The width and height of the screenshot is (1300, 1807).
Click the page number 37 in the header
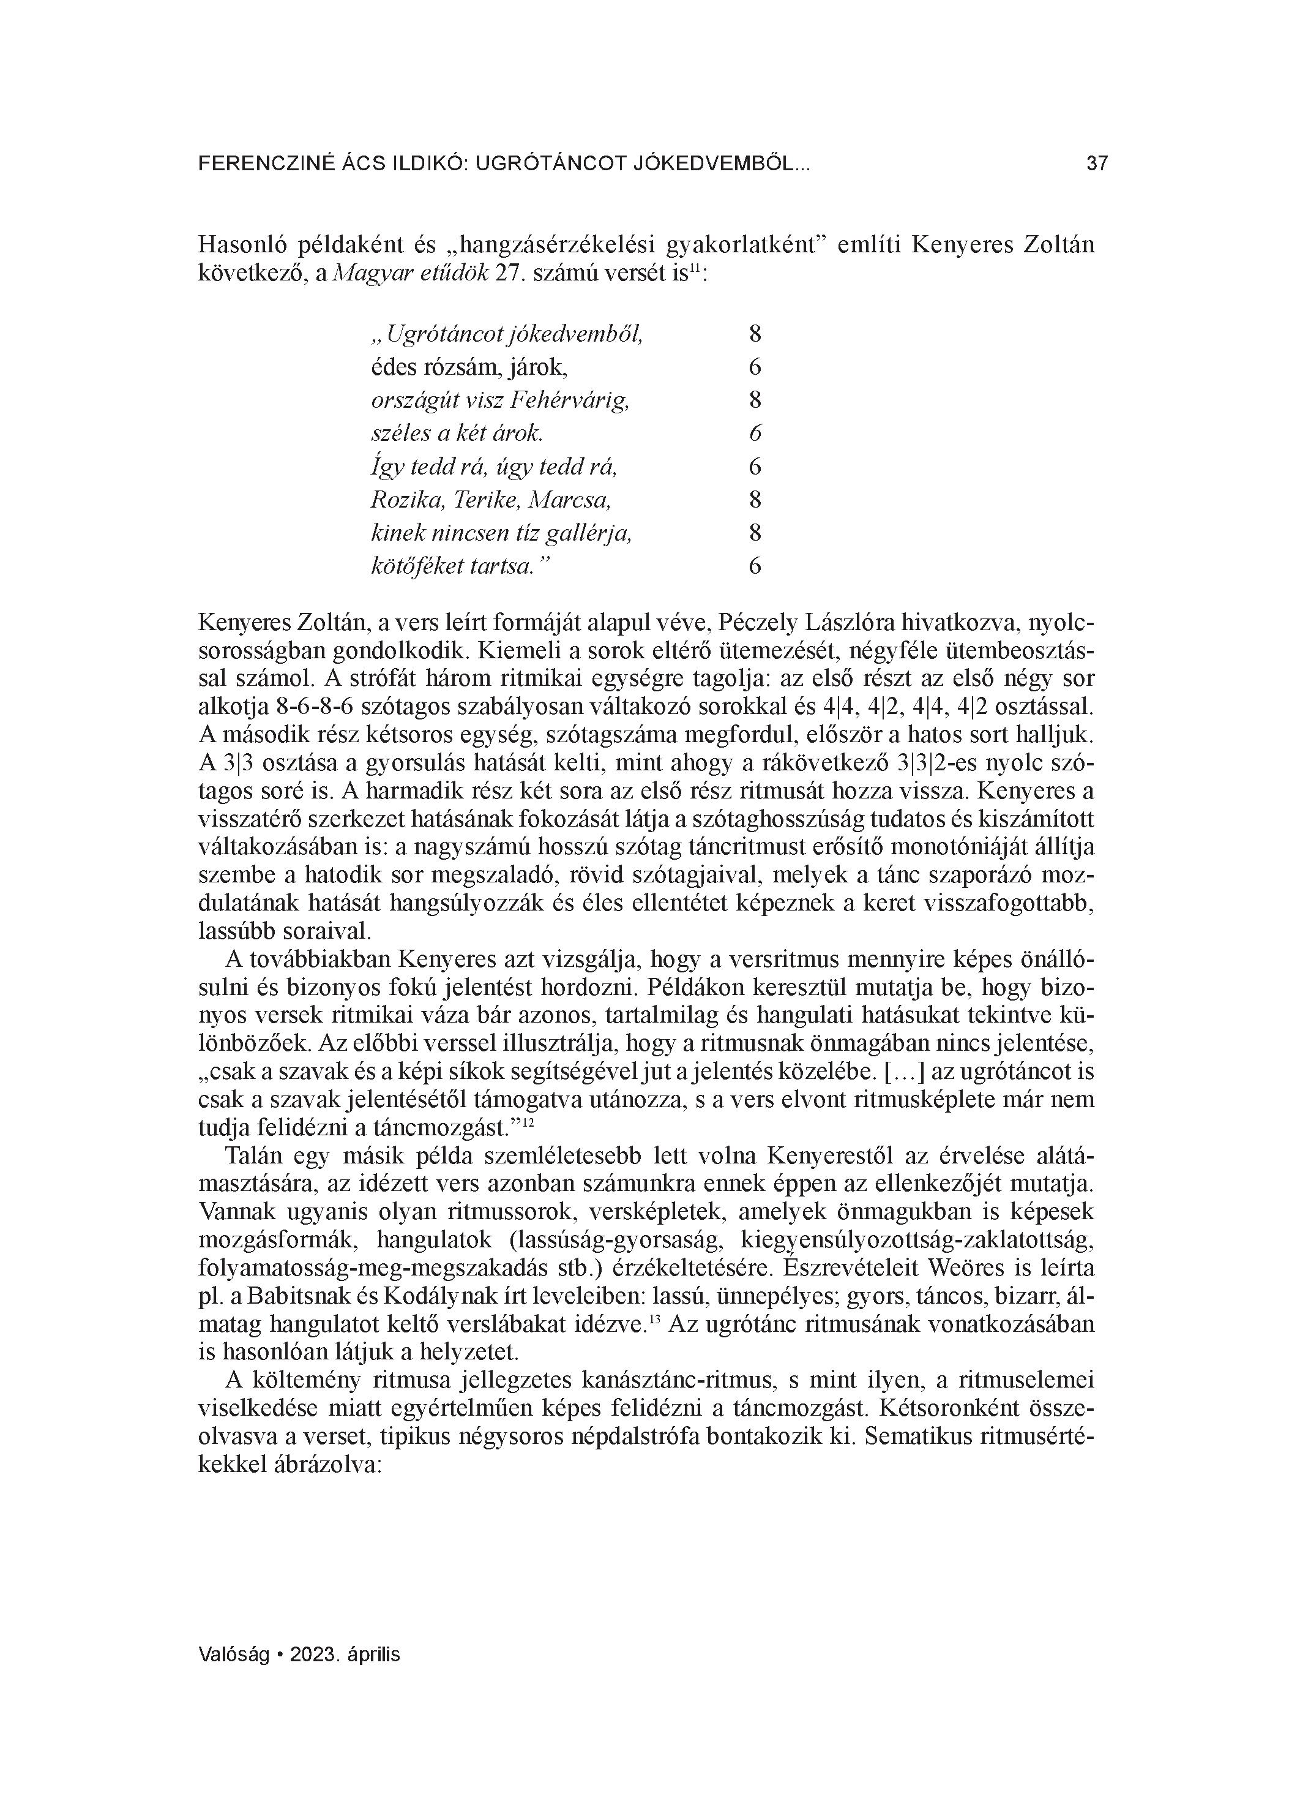pos(1096,164)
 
